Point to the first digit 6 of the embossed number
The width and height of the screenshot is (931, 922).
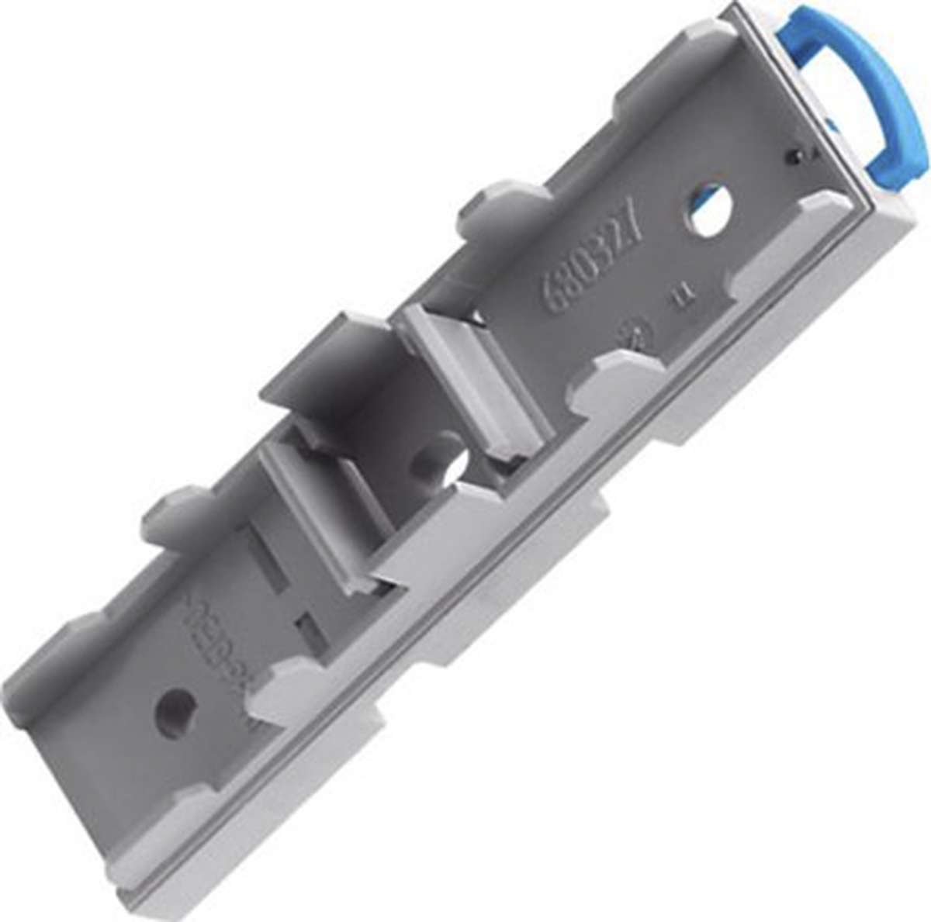[x=552, y=295]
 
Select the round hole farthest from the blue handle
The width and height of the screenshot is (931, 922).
[x=175, y=711]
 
